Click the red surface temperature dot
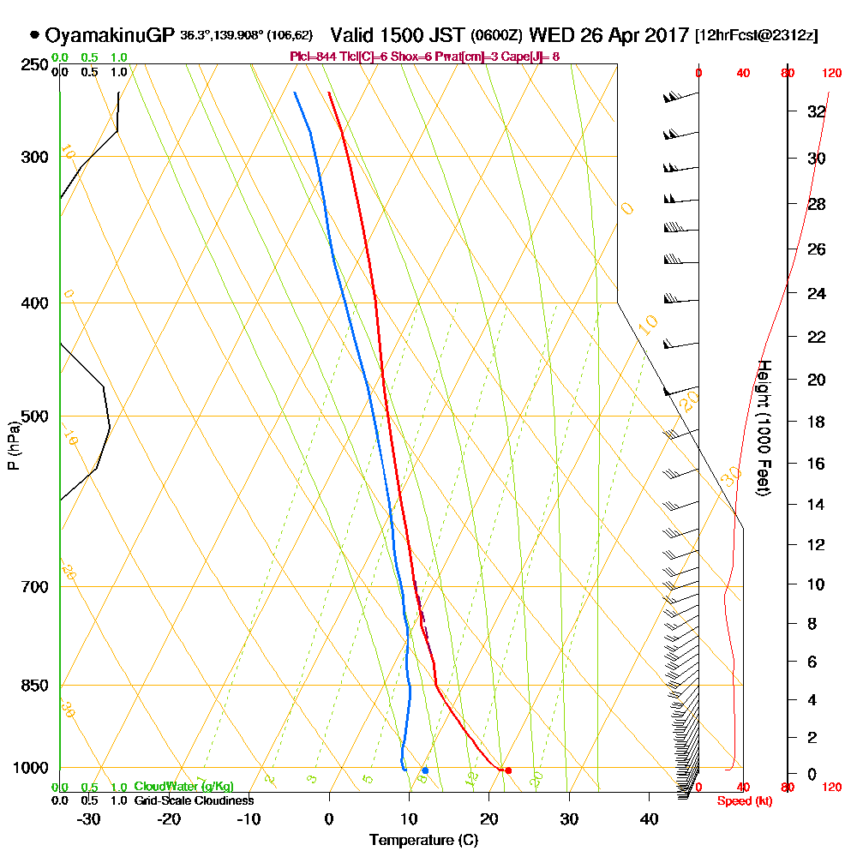click(508, 770)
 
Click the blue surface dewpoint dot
click(425, 770)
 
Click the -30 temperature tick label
click(89, 819)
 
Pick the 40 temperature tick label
click(649, 819)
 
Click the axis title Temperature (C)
click(423, 841)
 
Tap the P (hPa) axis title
click(13, 445)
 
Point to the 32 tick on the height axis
click(817, 111)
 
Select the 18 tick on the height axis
click(817, 422)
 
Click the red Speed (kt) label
click(742, 800)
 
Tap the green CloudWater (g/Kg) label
click(183, 787)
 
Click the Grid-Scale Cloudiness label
click(193, 800)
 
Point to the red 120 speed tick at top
click(831, 74)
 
